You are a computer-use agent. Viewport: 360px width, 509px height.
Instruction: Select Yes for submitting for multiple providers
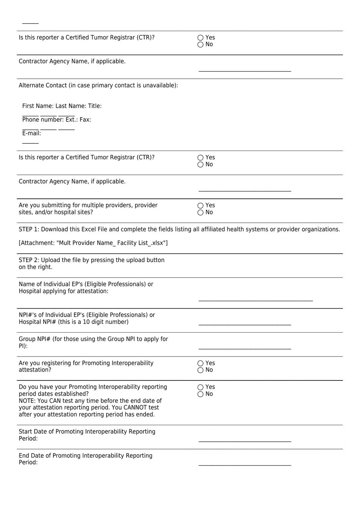click(x=200, y=206)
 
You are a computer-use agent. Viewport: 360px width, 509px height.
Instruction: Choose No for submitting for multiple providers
click(x=200, y=212)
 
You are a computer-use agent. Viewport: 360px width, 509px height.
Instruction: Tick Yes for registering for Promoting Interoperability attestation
click(x=200, y=363)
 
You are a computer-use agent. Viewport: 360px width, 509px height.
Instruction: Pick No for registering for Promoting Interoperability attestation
click(x=200, y=370)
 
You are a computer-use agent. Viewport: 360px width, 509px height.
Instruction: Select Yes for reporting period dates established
click(x=200, y=387)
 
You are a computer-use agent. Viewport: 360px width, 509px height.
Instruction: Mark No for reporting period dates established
click(x=200, y=394)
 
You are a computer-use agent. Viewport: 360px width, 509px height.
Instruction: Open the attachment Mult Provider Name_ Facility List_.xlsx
click(x=93, y=243)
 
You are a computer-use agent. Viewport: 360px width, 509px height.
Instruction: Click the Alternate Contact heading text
click(x=98, y=85)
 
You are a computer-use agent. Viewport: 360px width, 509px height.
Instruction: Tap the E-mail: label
click(x=31, y=134)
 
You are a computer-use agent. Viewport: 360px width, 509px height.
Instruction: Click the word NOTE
click(x=27, y=401)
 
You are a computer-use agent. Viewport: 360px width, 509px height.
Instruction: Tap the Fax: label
click(x=85, y=120)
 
